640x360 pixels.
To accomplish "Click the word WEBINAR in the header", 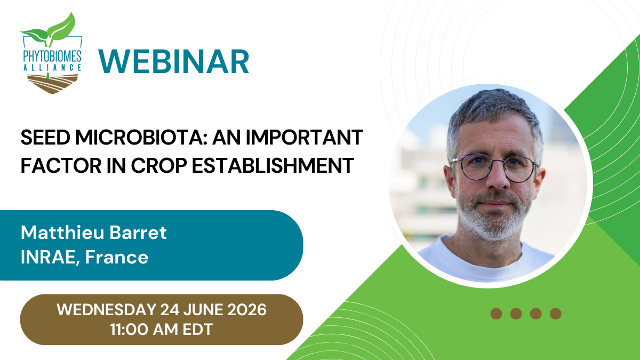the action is tap(174, 62).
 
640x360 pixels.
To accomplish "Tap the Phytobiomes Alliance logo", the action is tap(51, 53).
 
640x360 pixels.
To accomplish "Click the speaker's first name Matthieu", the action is tap(62, 233).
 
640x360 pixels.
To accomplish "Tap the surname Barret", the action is tap(138, 233).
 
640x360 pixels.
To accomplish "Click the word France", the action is tap(117, 257).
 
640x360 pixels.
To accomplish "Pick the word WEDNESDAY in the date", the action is tap(107, 310).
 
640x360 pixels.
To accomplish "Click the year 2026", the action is tap(247, 310).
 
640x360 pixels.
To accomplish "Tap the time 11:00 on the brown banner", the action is tap(130, 330).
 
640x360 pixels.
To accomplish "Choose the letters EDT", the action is tap(198, 330).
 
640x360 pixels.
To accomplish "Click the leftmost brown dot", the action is tap(497, 314).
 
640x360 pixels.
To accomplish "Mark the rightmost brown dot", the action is tap(555, 314).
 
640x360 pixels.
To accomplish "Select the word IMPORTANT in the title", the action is tap(305, 138).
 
